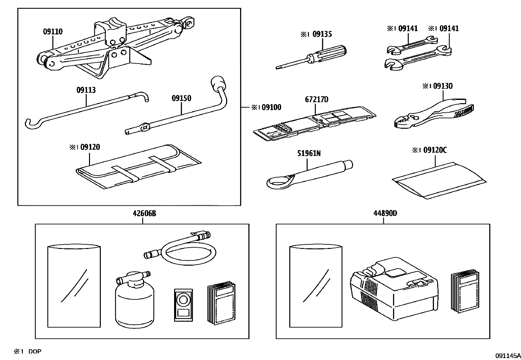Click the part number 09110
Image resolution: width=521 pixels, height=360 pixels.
click(x=53, y=32)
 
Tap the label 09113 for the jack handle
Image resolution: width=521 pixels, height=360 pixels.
click(x=86, y=90)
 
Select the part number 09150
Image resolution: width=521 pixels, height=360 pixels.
click(x=181, y=98)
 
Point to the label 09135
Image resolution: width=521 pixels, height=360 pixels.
click(x=322, y=34)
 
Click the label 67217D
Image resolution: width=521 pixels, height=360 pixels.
click(x=316, y=99)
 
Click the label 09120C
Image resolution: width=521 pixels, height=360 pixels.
click(x=435, y=150)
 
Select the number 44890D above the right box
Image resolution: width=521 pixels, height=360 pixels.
click(x=385, y=214)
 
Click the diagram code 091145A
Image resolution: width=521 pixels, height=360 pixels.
click(x=507, y=355)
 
